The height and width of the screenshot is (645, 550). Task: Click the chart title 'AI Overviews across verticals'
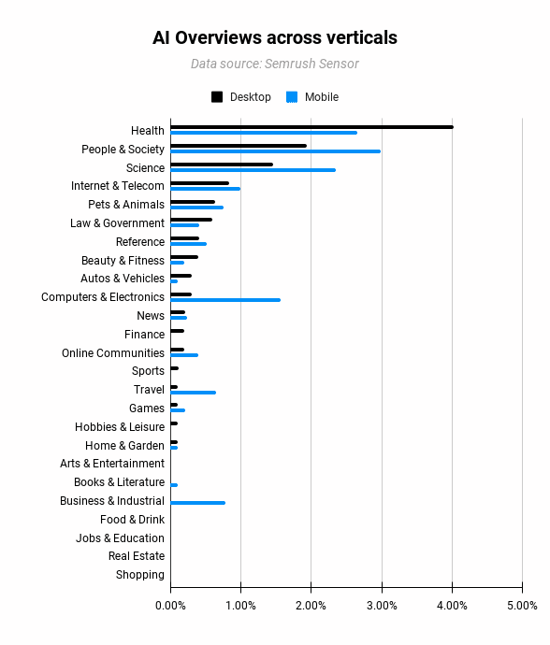pyautogui.click(x=275, y=38)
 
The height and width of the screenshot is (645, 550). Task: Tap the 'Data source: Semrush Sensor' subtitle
pyautogui.click(x=275, y=64)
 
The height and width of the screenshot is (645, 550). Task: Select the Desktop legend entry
pyautogui.click(x=241, y=97)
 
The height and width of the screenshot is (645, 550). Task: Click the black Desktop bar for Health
pyautogui.click(x=311, y=127)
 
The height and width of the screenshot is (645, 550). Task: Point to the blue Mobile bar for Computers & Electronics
pyautogui.click(x=225, y=300)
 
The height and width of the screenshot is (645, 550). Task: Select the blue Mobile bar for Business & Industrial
pyautogui.click(x=197, y=503)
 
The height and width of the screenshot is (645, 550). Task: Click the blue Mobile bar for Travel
pyautogui.click(x=193, y=393)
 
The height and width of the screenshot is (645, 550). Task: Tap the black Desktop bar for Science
pyautogui.click(x=222, y=165)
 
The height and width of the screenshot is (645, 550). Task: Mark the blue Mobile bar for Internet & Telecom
pyautogui.click(x=205, y=189)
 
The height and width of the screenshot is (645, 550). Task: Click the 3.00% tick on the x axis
pyautogui.click(x=382, y=607)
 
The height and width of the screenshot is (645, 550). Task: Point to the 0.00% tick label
pyautogui.click(x=170, y=607)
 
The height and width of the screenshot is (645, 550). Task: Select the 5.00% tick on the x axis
pyautogui.click(x=522, y=607)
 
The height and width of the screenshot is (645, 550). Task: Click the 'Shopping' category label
pyautogui.click(x=140, y=575)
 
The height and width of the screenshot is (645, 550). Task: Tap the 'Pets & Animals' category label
pyautogui.click(x=126, y=205)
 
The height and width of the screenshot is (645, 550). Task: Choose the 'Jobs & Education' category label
pyautogui.click(x=120, y=538)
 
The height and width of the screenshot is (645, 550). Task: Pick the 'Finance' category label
pyautogui.click(x=144, y=335)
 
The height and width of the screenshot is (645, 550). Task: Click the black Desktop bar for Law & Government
pyautogui.click(x=191, y=220)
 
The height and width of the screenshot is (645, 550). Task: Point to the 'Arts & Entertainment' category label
pyautogui.click(x=112, y=464)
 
